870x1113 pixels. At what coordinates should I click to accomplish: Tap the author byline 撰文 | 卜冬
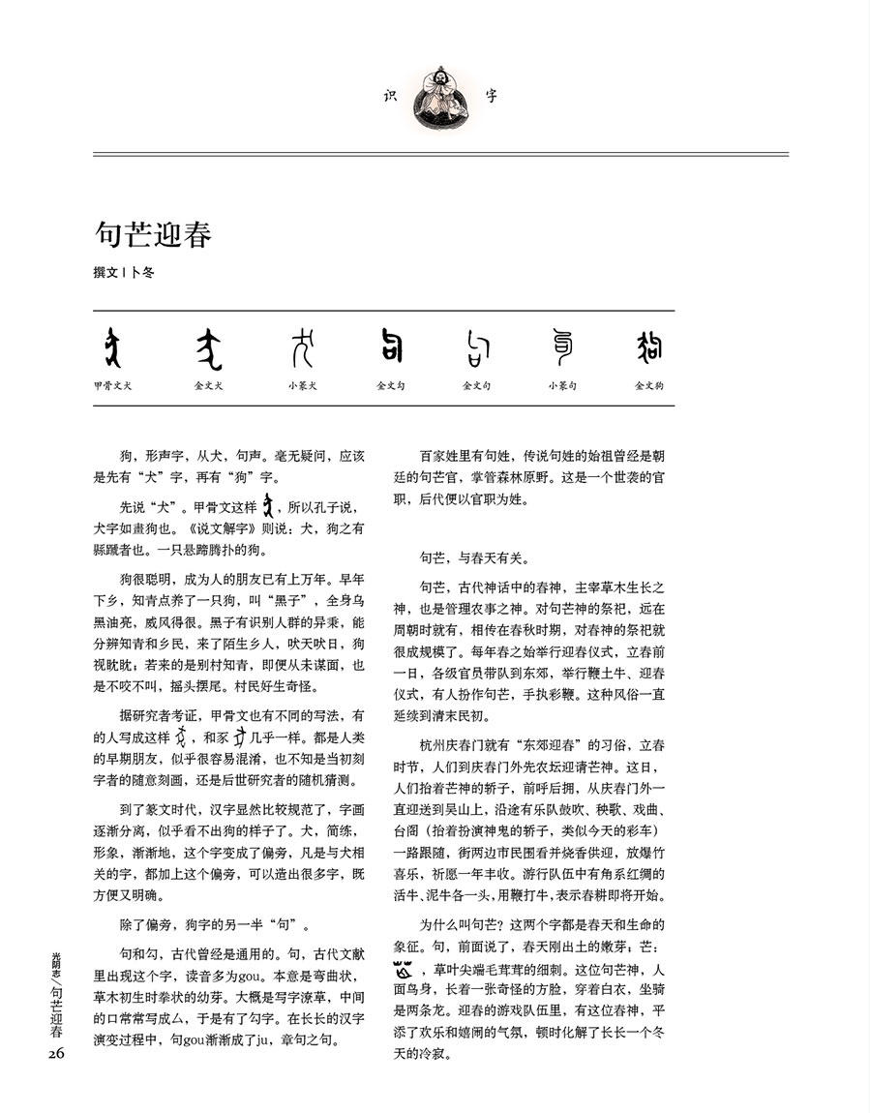tap(123, 273)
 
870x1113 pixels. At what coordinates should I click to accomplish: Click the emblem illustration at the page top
tap(440, 96)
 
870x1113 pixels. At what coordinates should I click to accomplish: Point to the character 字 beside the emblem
tap(492, 96)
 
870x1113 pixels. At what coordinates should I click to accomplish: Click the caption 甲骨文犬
tap(113, 385)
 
